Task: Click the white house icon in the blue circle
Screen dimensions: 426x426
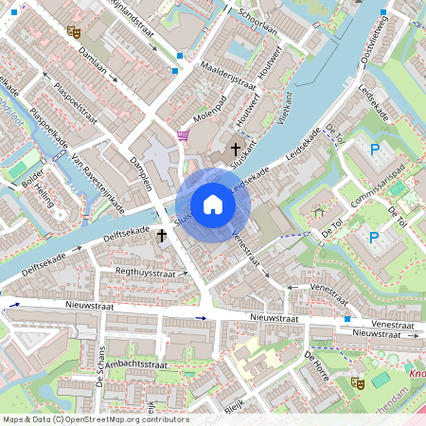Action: [213, 204]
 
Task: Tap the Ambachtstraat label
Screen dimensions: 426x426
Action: [136, 364]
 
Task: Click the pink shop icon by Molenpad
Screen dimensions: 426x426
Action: [182, 136]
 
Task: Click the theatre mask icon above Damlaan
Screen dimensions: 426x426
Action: [74, 31]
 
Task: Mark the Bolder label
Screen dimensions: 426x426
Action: [31, 178]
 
